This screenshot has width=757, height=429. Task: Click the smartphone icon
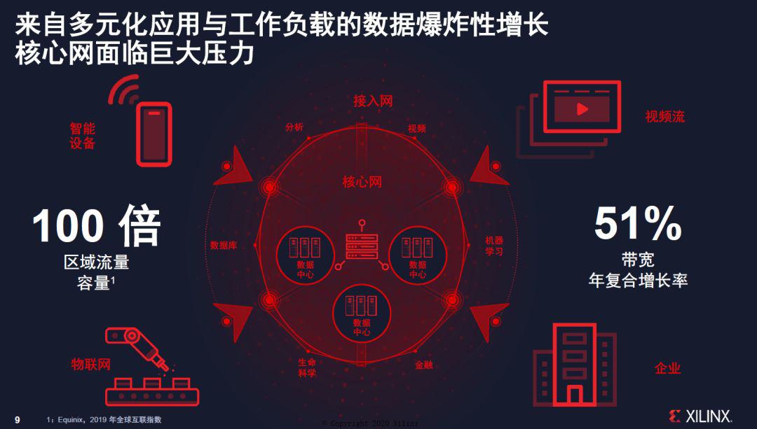[x=154, y=134]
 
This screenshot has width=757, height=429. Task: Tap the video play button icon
[x=582, y=109]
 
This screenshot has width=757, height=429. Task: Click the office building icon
[x=575, y=365]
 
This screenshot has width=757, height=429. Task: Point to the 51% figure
[x=638, y=223]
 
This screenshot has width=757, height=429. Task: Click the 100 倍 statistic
[x=96, y=225]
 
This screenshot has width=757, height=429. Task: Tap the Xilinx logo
[x=700, y=416]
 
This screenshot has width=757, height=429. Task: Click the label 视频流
[x=664, y=116]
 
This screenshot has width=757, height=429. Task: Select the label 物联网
[x=90, y=364]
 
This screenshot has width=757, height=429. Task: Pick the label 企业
[x=668, y=368]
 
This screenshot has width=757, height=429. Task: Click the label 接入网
[x=373, y=101]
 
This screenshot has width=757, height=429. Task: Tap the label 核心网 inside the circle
[x=362, y=182]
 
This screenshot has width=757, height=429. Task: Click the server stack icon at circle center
[x=362, y=246]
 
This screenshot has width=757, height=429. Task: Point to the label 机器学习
[x=494, y=246]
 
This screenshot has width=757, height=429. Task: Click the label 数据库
[x=224, y=246]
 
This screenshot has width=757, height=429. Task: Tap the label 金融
[x=424, y=365]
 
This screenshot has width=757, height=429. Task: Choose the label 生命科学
[x=307, y=367]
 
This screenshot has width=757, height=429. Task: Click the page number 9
[x=18, y=420]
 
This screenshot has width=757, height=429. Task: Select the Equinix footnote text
[x=104, y=420]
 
